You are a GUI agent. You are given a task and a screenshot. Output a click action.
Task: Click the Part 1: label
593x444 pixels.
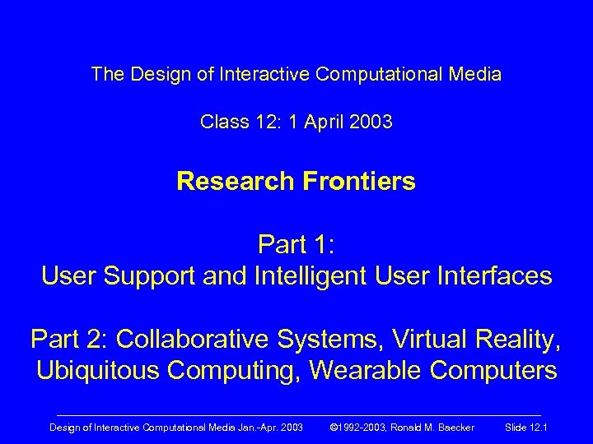click(296, 244)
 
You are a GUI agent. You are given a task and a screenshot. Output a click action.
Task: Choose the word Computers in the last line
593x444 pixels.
click(493, 371)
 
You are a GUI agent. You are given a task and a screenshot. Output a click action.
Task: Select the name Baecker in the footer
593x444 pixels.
click(451, 427)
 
